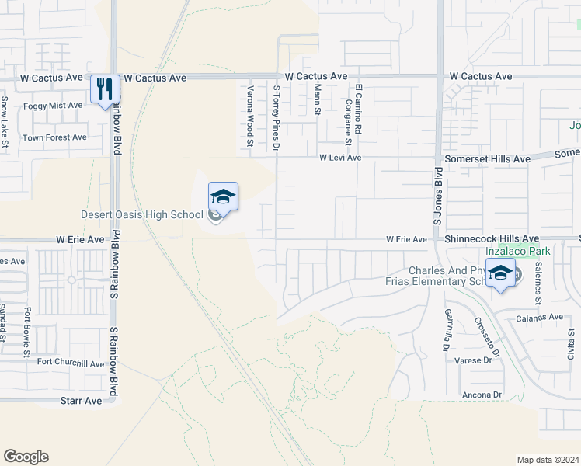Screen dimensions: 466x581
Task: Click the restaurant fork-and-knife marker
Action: tap(105, 89)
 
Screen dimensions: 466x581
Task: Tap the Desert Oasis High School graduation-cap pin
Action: tap(223, 196)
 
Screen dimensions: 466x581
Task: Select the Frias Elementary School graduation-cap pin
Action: tap(501, 275)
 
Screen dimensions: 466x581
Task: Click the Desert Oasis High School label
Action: tap(142, 214)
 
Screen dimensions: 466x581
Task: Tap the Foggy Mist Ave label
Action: tap(53, 105)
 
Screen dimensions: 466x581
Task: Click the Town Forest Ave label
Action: tap(54, 137)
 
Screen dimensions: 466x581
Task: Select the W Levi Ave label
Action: tap(340, 158)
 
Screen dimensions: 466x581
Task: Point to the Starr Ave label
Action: tap(82, 401)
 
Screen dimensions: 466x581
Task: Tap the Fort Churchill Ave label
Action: tap(70, 363)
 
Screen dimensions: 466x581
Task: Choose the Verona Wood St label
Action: tap(250, 115)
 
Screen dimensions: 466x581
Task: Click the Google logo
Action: tap(26, 457)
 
